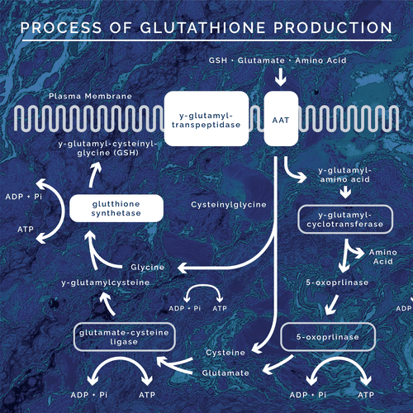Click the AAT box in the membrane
pos(281,118)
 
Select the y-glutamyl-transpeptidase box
pos(206,118)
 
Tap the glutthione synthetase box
pos(116,208)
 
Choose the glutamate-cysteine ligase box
pos(124,337)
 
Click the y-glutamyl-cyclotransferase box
pos(345,220)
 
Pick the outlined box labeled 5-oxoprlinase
pos(328,337)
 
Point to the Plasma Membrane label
pos(90,96)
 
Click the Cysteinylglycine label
pos(229,205)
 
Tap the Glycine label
pos(147,267)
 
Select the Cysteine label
pos(225,353)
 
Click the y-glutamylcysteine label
pos(106,282)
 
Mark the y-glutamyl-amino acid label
pos(345,175)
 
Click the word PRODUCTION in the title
pos(333,28)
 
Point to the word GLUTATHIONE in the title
pos(202,28)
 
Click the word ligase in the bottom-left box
pos(124,342)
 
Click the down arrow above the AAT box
pos(281,77)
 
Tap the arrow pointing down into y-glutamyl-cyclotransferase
pos(345,192)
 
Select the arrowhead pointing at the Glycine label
pos(183,268)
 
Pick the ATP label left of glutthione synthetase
pos(26,229)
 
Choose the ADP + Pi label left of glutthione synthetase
pos(24,197)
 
